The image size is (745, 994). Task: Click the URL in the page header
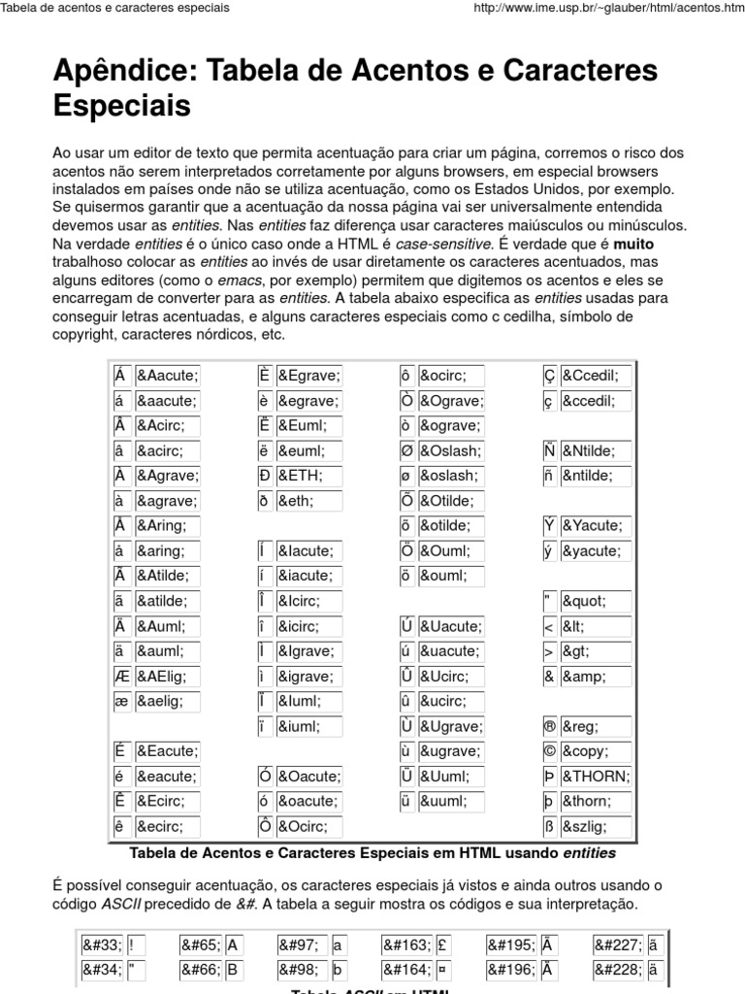click(600, 8)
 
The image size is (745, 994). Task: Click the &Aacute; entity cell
click(167, 376)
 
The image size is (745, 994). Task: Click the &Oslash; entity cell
click(451, 450)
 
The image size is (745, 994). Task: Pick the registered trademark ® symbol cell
click(550, 726)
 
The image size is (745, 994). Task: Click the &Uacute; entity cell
click(451, 626)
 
